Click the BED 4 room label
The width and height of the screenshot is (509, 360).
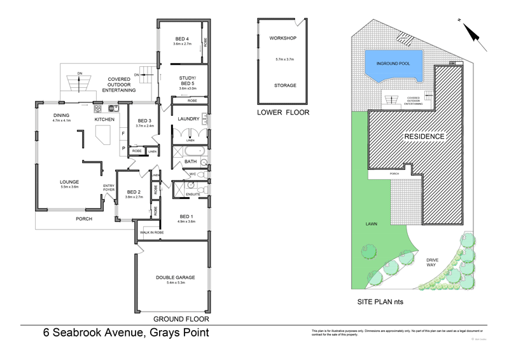pos(181,39)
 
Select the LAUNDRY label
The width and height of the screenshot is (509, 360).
pos(190,119)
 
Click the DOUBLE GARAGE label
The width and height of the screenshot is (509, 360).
pos(175,277)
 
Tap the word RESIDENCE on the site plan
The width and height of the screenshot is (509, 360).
pos(423,137)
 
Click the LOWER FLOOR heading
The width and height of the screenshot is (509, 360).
pos(283,113)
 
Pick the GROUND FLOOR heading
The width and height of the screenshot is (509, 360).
pos(181,319)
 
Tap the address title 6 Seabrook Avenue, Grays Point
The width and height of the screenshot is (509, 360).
pos(125,333)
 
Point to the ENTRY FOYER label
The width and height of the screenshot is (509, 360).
pos(109,188)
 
